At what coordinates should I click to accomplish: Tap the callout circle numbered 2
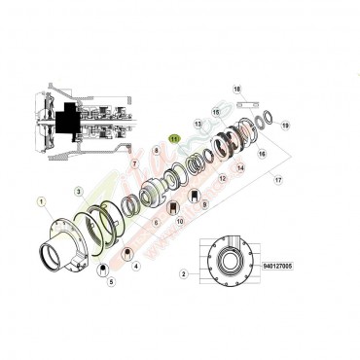183,274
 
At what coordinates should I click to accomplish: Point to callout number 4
135,265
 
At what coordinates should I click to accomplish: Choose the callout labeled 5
110,282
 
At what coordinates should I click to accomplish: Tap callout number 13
198,125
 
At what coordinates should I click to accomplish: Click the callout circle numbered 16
262,154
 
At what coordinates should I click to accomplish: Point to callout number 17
278,180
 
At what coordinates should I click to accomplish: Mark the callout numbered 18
235,90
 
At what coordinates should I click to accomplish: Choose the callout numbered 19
285,126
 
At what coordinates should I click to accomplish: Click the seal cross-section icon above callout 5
103,270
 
